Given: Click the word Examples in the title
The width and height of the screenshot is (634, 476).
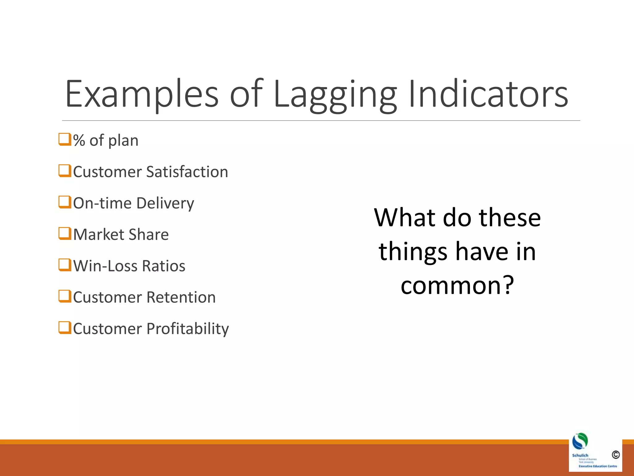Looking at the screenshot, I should click(142, 95).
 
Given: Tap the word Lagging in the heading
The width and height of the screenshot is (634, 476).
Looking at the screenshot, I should click(335, 95).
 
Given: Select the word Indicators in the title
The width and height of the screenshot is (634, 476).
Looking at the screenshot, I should click(488, 95).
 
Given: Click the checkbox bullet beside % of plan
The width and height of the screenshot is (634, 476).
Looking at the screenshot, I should click(65, 139).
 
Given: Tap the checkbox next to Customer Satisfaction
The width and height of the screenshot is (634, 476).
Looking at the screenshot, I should click(65, 171).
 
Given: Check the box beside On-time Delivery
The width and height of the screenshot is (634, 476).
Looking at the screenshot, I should click(65, 202).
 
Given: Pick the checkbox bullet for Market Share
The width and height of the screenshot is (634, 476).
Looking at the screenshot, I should click(65, 234).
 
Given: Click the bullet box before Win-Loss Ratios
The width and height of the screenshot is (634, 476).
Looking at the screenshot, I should click(65, 265).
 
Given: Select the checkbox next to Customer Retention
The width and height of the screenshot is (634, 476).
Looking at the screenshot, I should click(65, 296).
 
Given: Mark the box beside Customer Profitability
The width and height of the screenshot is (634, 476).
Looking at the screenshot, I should click(65, 328).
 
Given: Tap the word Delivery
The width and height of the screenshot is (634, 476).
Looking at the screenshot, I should click(165, 204).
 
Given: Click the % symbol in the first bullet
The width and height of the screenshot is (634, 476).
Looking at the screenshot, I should click(79, 141).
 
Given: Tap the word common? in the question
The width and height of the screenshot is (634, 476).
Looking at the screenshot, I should click(457, 285).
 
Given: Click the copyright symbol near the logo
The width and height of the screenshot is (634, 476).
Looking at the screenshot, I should click(615, 455).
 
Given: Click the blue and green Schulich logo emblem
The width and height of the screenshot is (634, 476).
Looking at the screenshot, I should click(580, 441).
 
